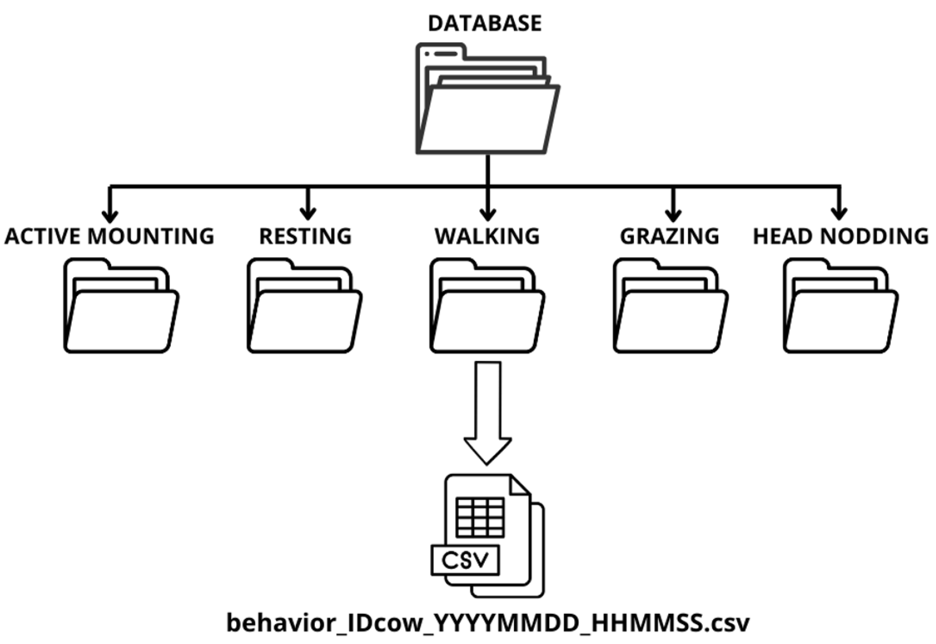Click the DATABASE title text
click(x=485, y=23)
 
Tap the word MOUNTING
click(x=151, y=236)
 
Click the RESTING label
click(x=305, y=236)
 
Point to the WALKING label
click(x=487, y=236)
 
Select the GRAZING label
click(x=669, y=236)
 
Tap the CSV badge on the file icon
click(x=465, y=560)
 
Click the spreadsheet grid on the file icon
click(x=480, y=517)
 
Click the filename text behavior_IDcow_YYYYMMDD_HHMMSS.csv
click(x=488, y=623)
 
